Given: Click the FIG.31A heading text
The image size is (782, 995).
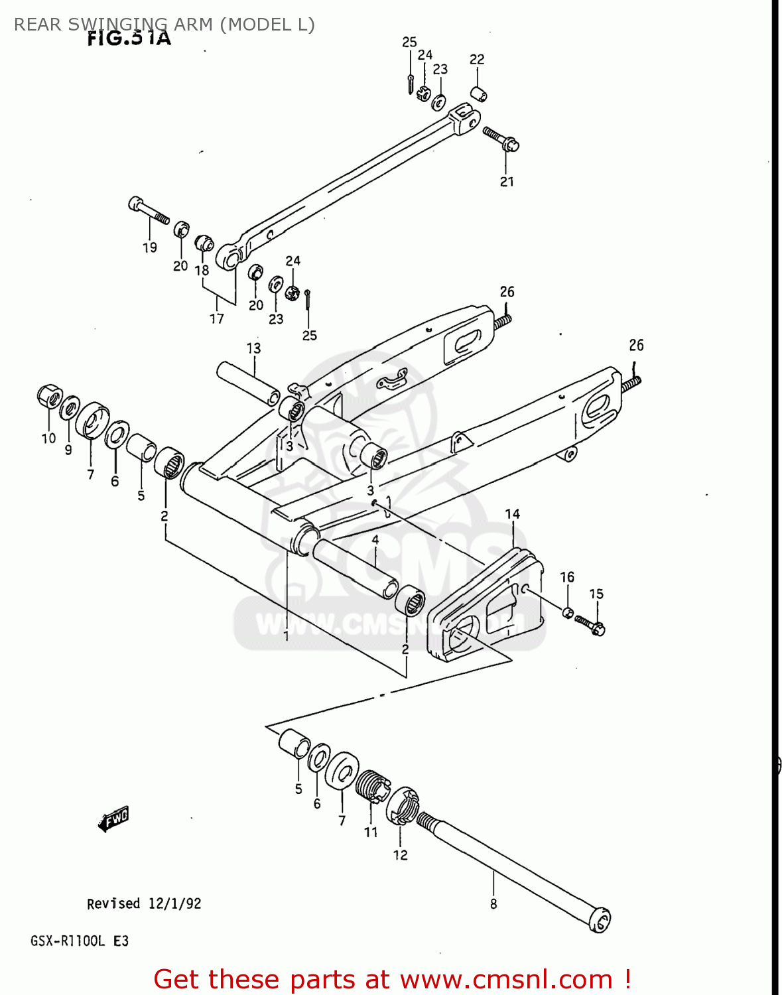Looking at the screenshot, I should (129, 38).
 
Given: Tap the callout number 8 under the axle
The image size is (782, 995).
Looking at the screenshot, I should (493, 903).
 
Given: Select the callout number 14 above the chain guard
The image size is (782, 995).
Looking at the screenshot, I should (512, 514).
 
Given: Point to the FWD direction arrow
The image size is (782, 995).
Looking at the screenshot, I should (113, 819).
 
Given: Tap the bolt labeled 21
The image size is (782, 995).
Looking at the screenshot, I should (501, 139).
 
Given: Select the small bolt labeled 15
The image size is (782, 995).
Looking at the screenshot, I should (589, 624).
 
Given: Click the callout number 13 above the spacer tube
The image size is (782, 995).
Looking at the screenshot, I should (253, 348).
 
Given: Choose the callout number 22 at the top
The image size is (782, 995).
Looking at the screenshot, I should (476, 60).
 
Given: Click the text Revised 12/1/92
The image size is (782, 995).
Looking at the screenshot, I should (144, 903).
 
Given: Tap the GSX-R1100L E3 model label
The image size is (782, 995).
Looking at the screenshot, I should (80, 941).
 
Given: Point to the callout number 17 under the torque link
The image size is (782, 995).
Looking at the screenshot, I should (217, 319).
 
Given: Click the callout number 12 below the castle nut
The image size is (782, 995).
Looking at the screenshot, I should (400, 855).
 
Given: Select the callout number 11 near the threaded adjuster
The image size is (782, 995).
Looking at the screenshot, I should (370, 832).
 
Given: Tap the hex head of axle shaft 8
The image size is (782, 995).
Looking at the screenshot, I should (600, 920).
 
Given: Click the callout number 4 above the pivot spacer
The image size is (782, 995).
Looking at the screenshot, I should (375, 540).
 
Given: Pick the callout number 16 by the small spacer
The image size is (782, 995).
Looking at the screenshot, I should (566, 577).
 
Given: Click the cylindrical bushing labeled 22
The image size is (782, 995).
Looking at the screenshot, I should (479, 94).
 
